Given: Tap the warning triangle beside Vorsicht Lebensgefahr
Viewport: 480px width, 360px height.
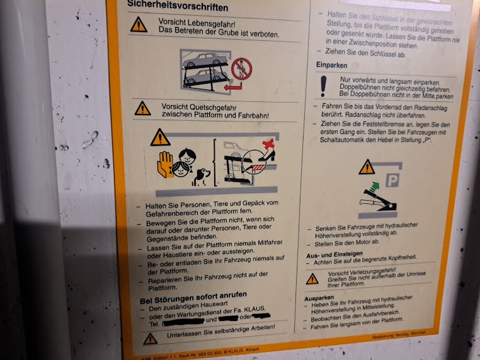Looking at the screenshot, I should [x=139, y=25].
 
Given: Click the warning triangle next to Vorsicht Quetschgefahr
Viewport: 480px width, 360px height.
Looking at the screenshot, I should [x=143, y=108].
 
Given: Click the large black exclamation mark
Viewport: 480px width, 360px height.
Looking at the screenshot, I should [x=324, y=86].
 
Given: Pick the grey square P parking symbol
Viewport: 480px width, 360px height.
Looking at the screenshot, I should [x=392, y=182].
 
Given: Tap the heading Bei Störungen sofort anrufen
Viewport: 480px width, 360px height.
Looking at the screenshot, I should [x=193, y=295].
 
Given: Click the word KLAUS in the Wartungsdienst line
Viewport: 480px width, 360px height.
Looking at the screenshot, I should [x=254, y=308].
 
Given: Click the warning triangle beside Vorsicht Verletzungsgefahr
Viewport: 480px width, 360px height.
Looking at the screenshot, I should [x=312, y=278].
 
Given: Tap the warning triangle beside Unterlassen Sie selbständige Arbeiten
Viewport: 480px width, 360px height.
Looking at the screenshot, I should [x=150, y=339].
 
